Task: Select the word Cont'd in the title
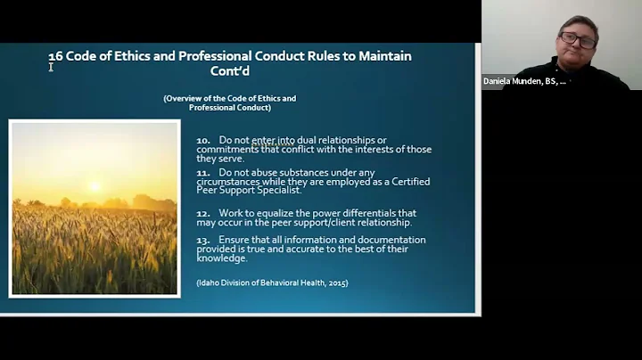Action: pyautogui.click(x=230, y=71)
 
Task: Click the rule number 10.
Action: pyautogui.click(x=203, y=140)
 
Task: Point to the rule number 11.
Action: pyautogui.click(x=202, y=172)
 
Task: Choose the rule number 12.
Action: pyautogui.click(x=203, y=213)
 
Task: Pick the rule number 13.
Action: pyautogui.click(x=203, y=240)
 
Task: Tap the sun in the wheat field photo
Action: pyautogui.click(x=95, y=186)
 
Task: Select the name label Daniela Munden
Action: pyautogui.click(x=523, y=81)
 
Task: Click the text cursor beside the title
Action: pyautogui.click(x=51, y=66)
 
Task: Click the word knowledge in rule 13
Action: pyautogui.click(x=222, y=258)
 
